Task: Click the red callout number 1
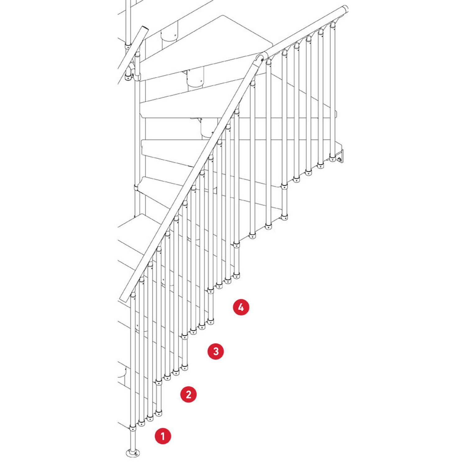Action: pyautogui.click(x=163, y=436)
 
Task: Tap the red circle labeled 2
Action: pyautogui.click(x=189, y=394)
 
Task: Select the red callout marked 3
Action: pyautogui.click(x=216, y=351)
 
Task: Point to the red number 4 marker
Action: pyautogui.click(x=241, y=307)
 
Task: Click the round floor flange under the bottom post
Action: pyautogui.click(x=133, y=453)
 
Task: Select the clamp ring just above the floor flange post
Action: pyautogui.click(x=133, y=428)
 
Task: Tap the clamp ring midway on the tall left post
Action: pyautogui.click(x=136, y=188)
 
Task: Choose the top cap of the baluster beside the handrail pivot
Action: pyautogui.click(x=268, y=62)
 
